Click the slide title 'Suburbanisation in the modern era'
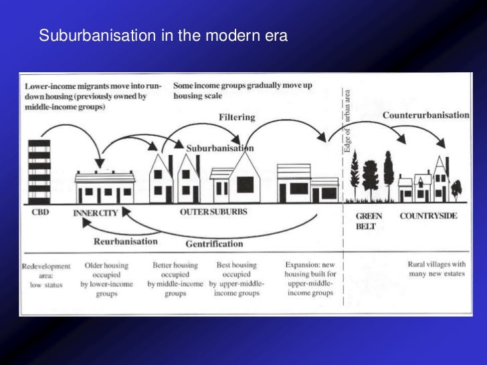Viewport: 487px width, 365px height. click(163, 35)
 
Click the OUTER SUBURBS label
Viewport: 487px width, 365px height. click(213, 213)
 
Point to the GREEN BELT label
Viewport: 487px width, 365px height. click(369, 221)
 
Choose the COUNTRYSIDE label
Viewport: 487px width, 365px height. click(429, 216)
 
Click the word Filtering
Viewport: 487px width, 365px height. click(237, 117)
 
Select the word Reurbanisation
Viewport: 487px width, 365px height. click(126, 241)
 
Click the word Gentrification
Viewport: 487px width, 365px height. click(214, 243)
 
